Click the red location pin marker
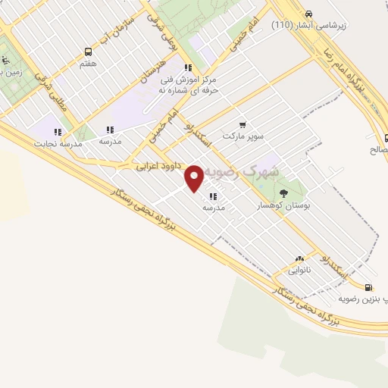click(195, 178)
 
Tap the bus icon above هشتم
click(89, 52)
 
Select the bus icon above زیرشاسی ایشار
click(308, 14)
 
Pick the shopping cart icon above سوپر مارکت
click(242, 124)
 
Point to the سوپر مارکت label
click(242, 136)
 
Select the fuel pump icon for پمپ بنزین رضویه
click(368, 287)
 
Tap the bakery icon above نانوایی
click(299, 258)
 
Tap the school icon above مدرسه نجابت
click(58, 130)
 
